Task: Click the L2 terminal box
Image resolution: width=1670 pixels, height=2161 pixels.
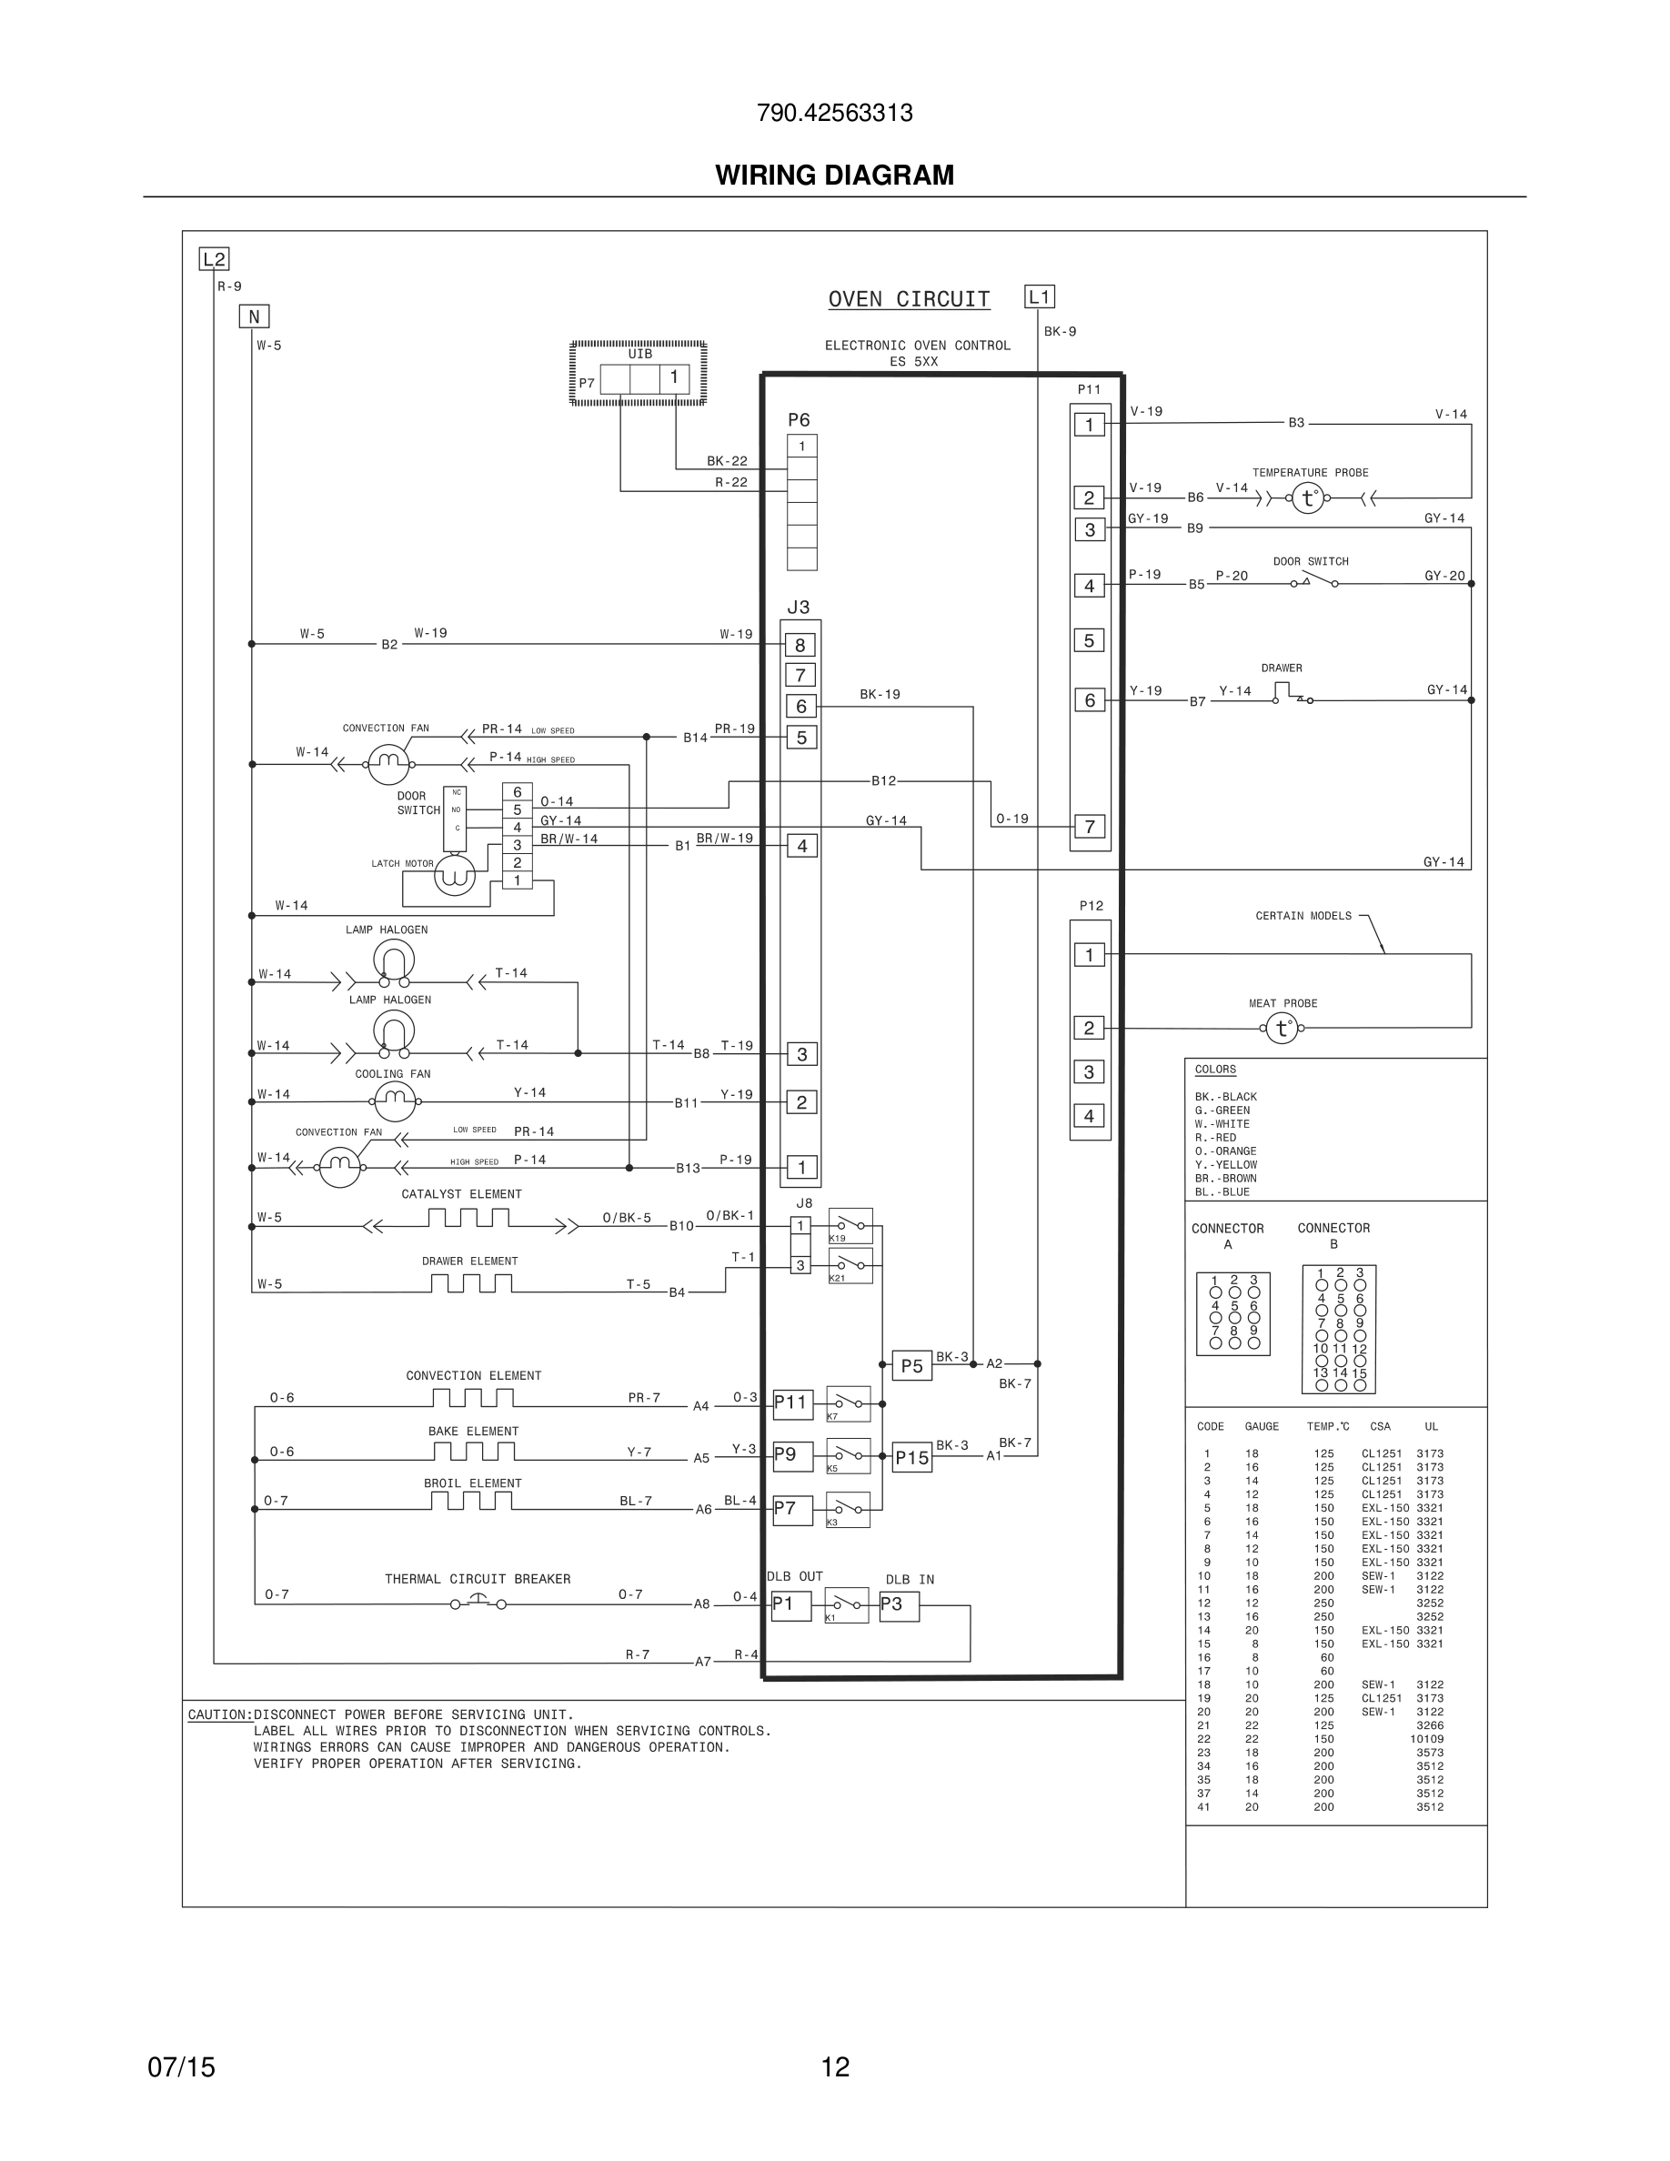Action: pos(214,259)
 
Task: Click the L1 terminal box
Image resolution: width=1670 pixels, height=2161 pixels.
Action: pos(1039,297)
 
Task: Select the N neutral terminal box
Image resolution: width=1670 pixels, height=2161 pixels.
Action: pos(255,317)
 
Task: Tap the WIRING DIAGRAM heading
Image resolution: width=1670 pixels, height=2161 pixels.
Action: pos(834,176)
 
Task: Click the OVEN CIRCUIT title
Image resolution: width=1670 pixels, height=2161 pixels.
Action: pos(908,299)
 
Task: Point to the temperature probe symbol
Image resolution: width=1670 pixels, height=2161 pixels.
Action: pos(1308,498)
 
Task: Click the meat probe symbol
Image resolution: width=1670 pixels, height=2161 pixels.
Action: pos(1283,1029)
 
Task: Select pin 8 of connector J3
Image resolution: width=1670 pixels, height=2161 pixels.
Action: pos(800,645)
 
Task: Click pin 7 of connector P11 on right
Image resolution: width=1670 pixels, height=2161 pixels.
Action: pos(1090,826)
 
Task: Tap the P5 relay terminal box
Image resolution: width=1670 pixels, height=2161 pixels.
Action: pos(911,1365)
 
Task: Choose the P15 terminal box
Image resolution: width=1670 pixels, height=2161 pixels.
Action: pos(911,1457)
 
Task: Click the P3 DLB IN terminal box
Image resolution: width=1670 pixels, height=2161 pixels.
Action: pos(899,1605)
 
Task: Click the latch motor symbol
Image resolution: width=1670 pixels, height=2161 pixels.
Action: pos(455,876)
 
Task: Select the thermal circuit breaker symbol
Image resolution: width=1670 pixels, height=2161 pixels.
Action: pos(478,1602)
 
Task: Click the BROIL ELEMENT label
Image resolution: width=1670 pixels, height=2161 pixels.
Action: pos(472,1483)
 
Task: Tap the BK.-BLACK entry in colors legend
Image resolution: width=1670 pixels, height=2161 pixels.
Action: pos(1225,1096)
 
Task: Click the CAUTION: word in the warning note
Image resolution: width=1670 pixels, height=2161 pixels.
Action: pos(219,1714)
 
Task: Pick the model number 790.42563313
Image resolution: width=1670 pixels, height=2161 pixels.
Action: pos(834,113)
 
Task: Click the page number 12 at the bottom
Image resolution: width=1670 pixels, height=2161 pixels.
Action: pos(834,2067)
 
